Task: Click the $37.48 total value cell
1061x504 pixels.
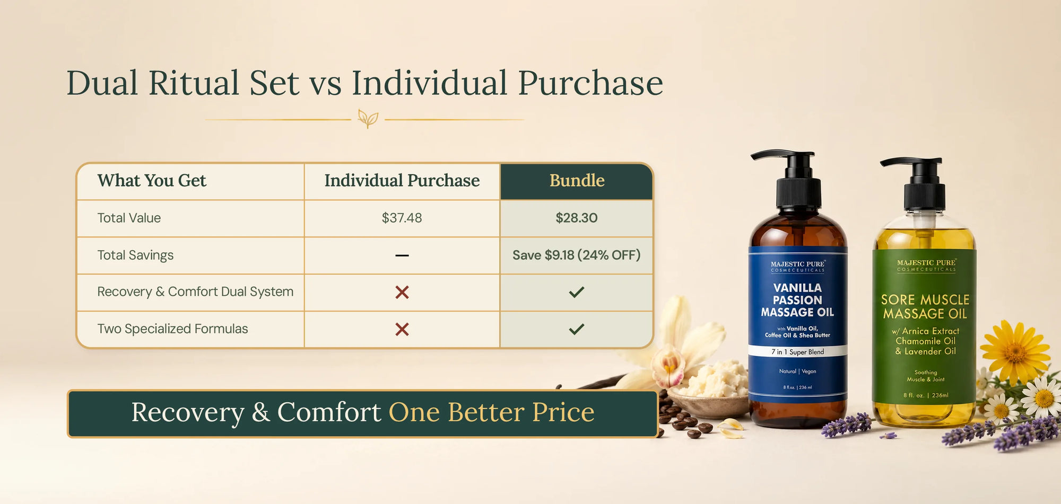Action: coord(402,218)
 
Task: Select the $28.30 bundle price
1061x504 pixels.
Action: coord(577,218)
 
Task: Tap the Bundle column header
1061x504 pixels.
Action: coord(577,181)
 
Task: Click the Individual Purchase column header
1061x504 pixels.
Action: coord(402,181)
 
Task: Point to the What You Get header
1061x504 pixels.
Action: coord(152,181)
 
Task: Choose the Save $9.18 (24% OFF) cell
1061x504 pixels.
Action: coord(577,255)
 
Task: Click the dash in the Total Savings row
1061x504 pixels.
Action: coord(402,255)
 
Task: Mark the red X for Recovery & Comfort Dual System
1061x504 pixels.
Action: coord(402,292)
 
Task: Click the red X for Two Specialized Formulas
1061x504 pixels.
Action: coord(402,329)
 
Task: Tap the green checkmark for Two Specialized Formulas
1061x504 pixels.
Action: coord(577,329)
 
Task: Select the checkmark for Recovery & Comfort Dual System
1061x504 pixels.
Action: coord(577,292)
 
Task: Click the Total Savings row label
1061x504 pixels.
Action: coord(135,255)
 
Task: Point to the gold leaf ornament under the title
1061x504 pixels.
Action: coord(368,119)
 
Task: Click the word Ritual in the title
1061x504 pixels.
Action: coord(194,83)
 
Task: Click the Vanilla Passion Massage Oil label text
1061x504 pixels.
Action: coord(797,300)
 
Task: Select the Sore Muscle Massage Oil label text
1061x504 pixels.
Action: coord(925,307)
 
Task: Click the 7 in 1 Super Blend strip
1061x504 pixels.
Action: coord(797,352)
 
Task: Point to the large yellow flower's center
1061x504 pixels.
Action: coord(1015,351)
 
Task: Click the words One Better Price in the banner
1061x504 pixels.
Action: coord(492,412)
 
